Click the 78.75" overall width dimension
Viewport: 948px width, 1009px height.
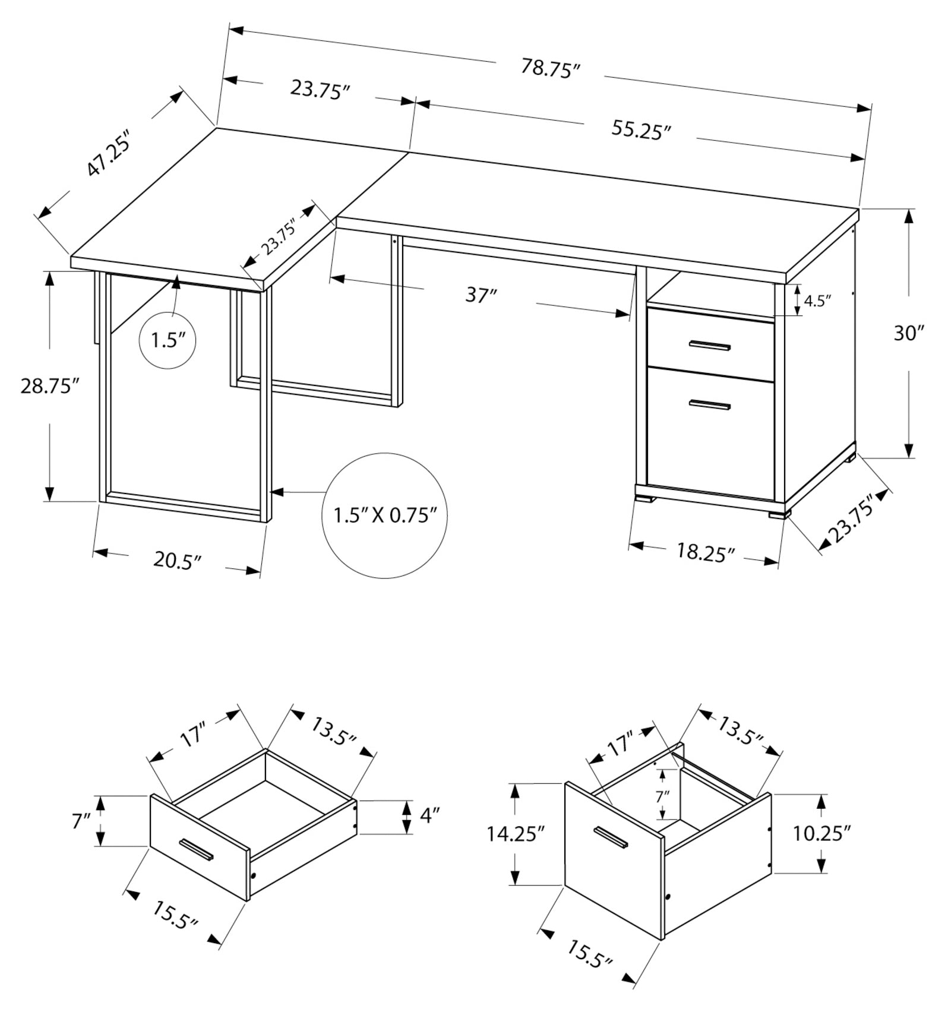click(x=549, y=68)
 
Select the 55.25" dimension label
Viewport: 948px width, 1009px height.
click(x=641, y=130)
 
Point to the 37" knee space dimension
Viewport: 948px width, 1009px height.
click(x=481, y=295)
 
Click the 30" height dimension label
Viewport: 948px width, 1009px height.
click(x=909, y=334)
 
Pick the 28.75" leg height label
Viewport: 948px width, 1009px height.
click(x=49, y=386)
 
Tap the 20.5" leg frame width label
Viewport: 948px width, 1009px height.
click(x=178, y=560)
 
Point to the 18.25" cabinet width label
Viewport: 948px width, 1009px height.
click(x=706, y=553)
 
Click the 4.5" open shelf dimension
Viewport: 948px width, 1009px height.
click(x=817, y=301)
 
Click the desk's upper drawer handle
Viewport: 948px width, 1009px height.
click(x=710, y=345)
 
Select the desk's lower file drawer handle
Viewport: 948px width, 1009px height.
click(x=710, y=405)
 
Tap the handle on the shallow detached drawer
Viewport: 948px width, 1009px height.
click(x=196, y=849)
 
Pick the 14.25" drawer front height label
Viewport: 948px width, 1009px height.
click(x=516, y=834)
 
